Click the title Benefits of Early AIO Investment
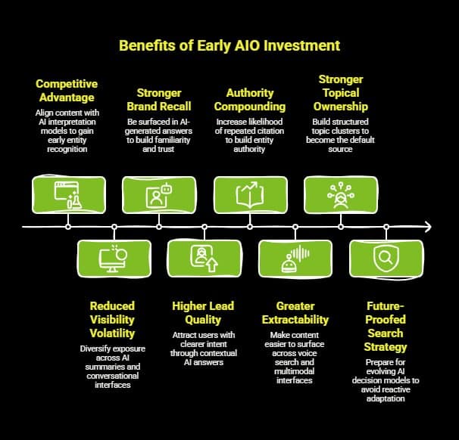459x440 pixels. [x=229, y=46]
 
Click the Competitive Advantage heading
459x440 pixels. [x=67, y=90]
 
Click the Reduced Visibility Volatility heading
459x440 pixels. [x=112, y=319]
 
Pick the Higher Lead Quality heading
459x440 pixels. [x=203, y=312]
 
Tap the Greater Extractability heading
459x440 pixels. [x=294, y=312]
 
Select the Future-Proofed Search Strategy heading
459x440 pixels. [x=385, y=326]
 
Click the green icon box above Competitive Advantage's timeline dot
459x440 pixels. [x=68, y=194]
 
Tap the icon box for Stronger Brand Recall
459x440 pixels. [x=159, y=194]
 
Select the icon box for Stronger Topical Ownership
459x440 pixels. [x=340, y=194]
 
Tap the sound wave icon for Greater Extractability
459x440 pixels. [x=295, y=259]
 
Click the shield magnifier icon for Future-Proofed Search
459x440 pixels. [x=386, y=259]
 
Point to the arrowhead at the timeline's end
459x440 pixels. [x=428, y=227]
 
